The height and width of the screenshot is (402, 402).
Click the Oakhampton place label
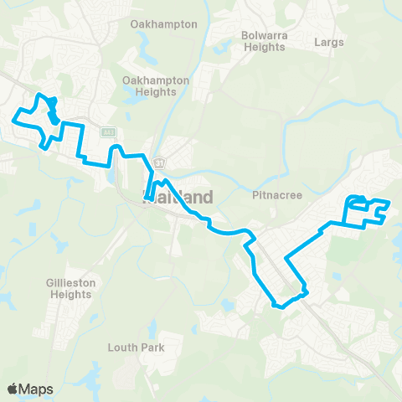[164, 24]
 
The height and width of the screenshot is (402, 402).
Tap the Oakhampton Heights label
[157, 85]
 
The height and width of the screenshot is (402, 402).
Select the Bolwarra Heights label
[263, 41]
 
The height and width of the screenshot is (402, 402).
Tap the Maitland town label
[178, 198]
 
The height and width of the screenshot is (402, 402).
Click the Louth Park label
[136, 348]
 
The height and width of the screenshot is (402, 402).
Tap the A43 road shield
[107, 132]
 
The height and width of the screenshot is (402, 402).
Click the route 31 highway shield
[157, 160]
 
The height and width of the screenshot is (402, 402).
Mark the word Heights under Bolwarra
[263, 47]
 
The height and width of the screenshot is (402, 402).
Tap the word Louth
[123, 348]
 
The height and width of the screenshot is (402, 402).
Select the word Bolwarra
[263, 35]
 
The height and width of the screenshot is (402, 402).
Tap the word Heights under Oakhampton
[157, 91]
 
